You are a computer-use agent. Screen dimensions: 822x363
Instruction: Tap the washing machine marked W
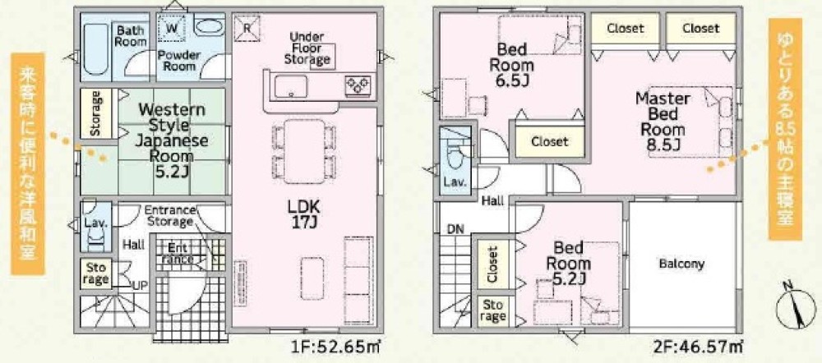coord(173,28)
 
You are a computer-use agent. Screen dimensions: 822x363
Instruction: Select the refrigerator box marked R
coord(247,28)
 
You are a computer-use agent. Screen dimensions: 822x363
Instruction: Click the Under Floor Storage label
coord(307,48)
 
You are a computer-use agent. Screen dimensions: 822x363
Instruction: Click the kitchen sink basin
coord(291,86)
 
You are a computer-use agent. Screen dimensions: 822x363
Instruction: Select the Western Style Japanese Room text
coord(172,141)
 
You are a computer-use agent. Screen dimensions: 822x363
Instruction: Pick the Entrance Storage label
coord(169,216)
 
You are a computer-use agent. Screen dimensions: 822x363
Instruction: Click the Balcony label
coord(681,264)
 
